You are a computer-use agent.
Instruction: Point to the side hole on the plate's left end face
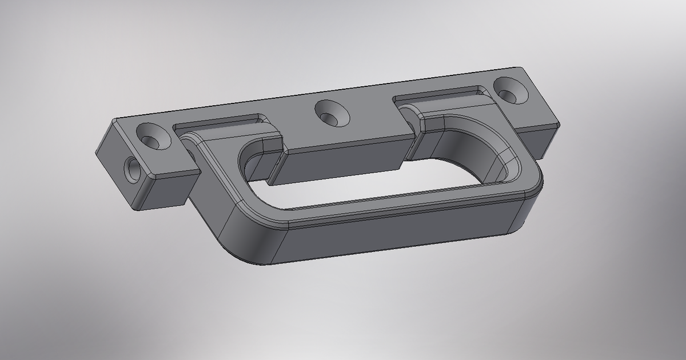133,170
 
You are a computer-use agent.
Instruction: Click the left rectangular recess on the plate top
217,123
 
